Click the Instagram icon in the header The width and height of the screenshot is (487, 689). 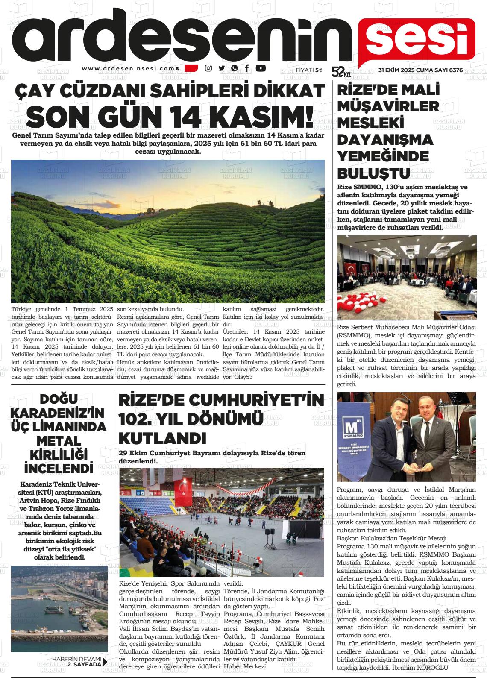pyautogui.click(x=208, y=68)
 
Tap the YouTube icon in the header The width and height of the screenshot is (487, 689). pyautogui.click(x=261, y=68)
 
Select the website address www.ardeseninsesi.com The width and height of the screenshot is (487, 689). pyautogui.click(x=129, y=68)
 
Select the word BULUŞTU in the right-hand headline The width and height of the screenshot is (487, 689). pyautogui.click(x=374, y=173)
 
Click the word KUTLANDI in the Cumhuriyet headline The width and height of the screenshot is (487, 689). pyautogui.click(x=162, y=438)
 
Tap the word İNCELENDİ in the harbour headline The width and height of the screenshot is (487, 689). pyautogui.click(x=59, y=468)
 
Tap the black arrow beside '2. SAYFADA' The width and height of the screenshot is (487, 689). pyautogui.click(x=105, y=662)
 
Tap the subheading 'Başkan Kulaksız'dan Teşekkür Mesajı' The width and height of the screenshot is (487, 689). pyautogui.click(x=391, y=537)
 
